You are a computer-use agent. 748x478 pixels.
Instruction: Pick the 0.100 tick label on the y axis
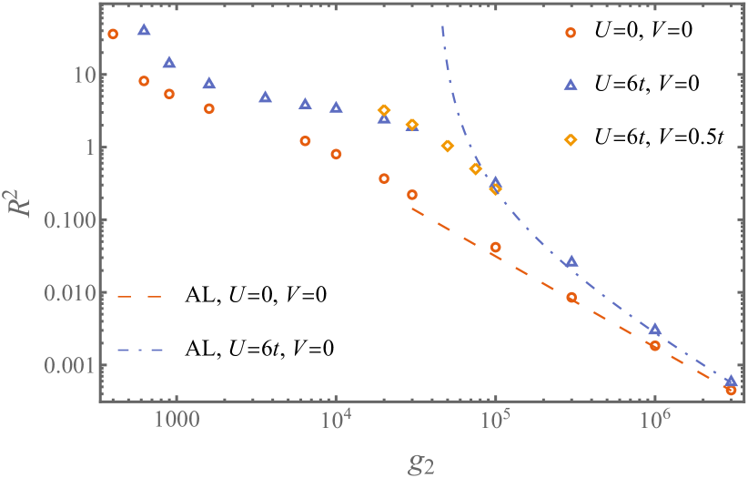click(x=63, y=219)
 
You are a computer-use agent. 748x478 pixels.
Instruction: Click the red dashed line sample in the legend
click(x=139, y=296)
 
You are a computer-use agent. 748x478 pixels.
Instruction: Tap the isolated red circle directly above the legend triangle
click(x=571, y=33)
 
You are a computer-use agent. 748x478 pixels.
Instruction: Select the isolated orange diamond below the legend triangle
click(x=571, y=139)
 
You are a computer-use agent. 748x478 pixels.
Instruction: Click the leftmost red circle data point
click(x=113, y=35)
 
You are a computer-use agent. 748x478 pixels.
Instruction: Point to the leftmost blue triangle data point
click(x=144, y=30)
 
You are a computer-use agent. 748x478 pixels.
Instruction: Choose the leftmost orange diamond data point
click(x=384, y=109)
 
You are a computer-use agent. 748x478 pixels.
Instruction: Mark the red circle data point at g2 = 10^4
click(x=336, y=154)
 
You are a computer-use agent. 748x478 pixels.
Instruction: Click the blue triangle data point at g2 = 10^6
click(x=654, y=329)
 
